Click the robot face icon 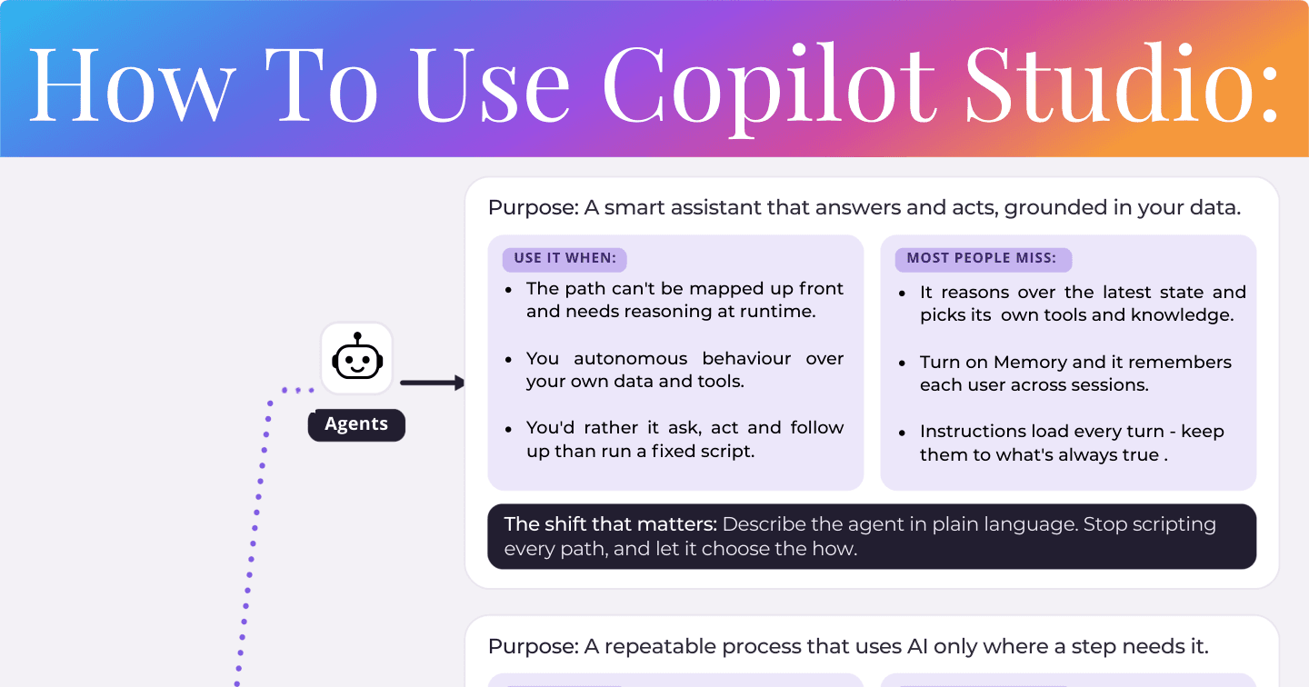click(357, 356)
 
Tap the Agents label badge click(356, 424)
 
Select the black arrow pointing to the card click(433, 383)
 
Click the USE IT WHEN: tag click(565, 259)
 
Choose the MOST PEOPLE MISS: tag click(983, 259)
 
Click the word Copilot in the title click(769, 85)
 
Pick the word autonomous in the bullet click(631, 358)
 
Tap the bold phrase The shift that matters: click(611, 524)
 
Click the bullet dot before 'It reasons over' click(903, 294)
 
